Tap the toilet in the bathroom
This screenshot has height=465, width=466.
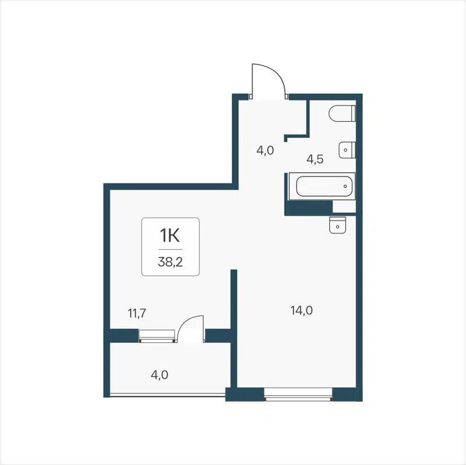coord(342,114)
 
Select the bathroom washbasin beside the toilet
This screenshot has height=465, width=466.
coord(347,150)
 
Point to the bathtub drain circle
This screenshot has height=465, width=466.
coord(345,187)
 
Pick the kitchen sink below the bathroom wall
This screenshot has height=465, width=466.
coord(337,224)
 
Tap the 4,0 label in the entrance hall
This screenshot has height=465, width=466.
coord(265,150)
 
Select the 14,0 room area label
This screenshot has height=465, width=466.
coord(302,311)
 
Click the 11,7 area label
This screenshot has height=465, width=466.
coord(136,314)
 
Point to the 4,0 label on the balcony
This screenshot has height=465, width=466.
coord(160,375)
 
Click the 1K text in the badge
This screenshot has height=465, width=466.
coord(170,236)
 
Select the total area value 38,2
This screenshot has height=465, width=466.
coord(170,262)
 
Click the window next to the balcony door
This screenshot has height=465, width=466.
coord(157,335)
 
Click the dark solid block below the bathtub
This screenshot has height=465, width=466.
coord(309,207)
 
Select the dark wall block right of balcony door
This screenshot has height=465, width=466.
coord(218,335)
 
